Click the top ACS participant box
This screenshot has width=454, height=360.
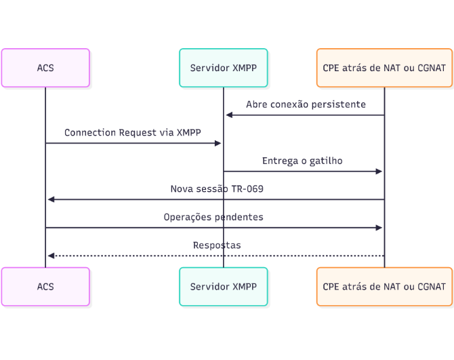[45, 68]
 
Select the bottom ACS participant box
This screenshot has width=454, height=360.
[45, 286]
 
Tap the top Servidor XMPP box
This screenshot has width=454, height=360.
[223, 68]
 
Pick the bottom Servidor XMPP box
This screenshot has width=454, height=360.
[223, 286]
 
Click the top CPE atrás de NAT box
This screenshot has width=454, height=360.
[384, 68]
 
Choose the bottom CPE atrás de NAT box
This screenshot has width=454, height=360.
[384, 286]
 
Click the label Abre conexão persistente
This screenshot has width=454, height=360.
[306, 104]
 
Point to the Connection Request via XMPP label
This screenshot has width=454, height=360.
[133, 132]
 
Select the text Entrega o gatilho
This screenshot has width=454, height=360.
[302, 161]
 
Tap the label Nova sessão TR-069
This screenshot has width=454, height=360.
[217, 189]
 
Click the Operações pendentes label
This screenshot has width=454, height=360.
[213, 217]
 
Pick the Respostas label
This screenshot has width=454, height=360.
[217, 245]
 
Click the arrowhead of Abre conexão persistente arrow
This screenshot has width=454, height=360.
[229, 115]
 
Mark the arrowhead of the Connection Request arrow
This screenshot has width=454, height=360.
[218, 143]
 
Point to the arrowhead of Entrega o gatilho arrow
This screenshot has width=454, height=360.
[379, 172]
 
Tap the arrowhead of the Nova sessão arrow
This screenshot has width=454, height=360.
[51, 199]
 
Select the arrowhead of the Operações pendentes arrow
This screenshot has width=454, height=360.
[379, 228]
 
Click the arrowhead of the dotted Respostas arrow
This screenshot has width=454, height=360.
[51, 256]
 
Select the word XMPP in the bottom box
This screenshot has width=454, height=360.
[245, 286]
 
